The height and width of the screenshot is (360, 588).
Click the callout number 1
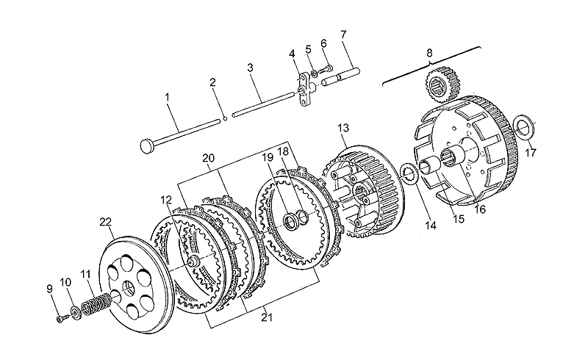click(168, 97)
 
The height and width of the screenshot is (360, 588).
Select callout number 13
click(343, 128)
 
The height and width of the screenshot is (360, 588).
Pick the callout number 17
click(531, 154)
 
